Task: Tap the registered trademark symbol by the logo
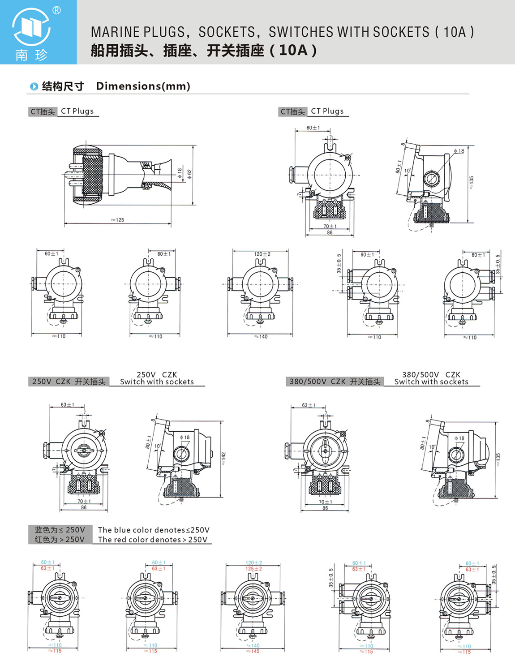click(57, 10)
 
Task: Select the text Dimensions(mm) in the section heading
click(143, 86)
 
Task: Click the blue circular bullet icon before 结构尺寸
click(34, 86)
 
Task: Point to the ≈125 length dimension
click(117, 220)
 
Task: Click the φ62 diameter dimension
click(189, 174)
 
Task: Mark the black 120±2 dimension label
click(262, 254)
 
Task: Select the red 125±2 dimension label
click(254, 569)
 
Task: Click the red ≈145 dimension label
click(253, 651)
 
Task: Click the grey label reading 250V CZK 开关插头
click(69, 382)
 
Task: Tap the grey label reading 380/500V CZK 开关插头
click(335, 382)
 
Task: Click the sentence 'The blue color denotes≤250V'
click(154, 530)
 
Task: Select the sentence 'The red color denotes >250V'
click(153, 540)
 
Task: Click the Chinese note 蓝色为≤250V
click(60, 530)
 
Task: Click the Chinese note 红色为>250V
click(60, 540)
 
